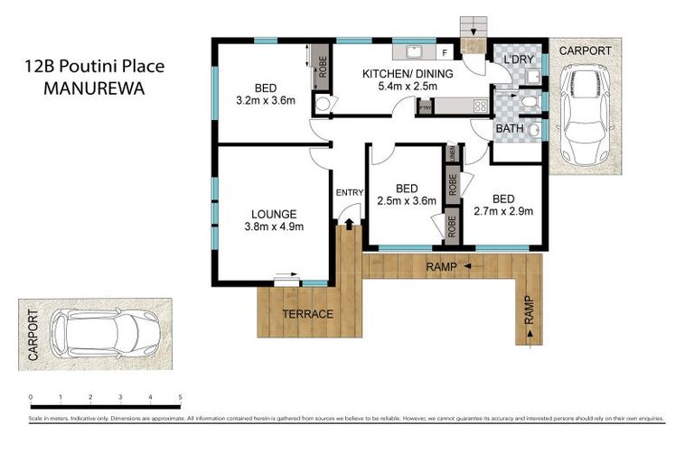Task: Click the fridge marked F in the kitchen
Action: (445, 51)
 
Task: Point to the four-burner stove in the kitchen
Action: (479, 106)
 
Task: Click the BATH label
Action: (509, 129)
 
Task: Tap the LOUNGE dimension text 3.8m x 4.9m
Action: (274, 226)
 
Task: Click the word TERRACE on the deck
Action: (307, 314)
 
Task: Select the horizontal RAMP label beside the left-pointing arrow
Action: (440, 266)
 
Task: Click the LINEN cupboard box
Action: (449, 153)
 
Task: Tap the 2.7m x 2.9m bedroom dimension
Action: (503, 212)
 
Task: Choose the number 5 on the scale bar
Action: (181, 397)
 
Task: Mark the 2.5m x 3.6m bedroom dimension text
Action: (407, 201)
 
